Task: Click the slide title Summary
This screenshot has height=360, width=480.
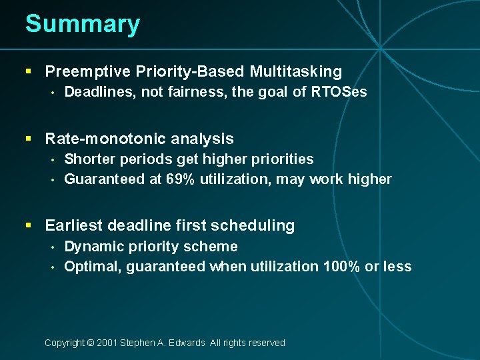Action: point(83,24)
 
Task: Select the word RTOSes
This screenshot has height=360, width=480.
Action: point(339,92)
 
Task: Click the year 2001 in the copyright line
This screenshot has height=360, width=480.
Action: point(107,343)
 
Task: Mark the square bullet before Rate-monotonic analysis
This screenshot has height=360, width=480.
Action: point(29,139)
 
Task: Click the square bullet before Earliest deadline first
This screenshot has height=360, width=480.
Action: point(29,226)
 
